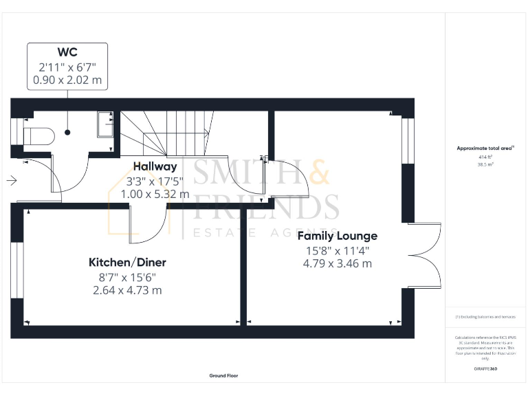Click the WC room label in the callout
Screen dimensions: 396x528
click(x=67, y=52)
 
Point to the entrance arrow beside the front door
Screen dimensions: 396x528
click(x=12, y=181)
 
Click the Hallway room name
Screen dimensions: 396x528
click(x=155, y=166)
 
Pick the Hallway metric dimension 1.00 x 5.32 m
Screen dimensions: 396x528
click(x=155, y=194)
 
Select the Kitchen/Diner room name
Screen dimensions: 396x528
click(x=127, y=262)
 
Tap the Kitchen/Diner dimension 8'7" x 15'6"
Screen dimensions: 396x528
click(x=127, y=276)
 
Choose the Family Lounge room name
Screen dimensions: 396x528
click(x=337, y=236)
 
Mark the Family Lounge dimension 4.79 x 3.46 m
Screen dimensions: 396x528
click(x=337, y=263)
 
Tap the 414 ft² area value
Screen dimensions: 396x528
click(x=485, y=157)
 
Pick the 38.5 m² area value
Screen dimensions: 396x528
click(x=485, y=165)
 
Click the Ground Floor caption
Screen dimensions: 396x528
click(x=223, y=376)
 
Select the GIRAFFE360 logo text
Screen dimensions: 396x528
click(x=485, y=369)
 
